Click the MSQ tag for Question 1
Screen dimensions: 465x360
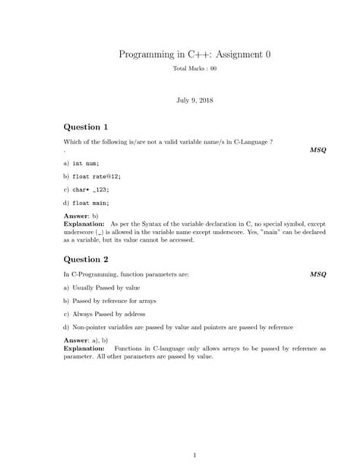[x=318, y=150]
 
